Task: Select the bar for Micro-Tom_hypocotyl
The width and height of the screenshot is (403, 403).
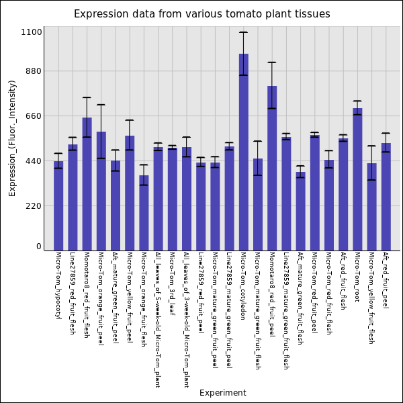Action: point(58,206)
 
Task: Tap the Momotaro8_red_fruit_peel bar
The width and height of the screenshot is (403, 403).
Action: point(272,168)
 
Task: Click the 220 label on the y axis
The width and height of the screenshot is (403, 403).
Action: point(32,206)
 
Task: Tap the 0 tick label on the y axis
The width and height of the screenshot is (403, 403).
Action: point(38,247)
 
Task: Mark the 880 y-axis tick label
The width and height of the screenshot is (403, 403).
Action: point(32,71)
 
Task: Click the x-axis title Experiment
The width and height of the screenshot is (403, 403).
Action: point(222,393)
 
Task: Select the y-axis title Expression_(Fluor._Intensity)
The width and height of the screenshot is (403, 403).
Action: point(12,138)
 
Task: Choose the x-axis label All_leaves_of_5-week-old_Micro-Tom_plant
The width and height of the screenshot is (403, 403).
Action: point(158,320)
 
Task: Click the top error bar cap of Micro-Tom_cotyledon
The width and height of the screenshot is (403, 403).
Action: point(243,32)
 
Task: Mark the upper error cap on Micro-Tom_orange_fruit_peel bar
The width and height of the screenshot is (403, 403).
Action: point(101,105)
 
